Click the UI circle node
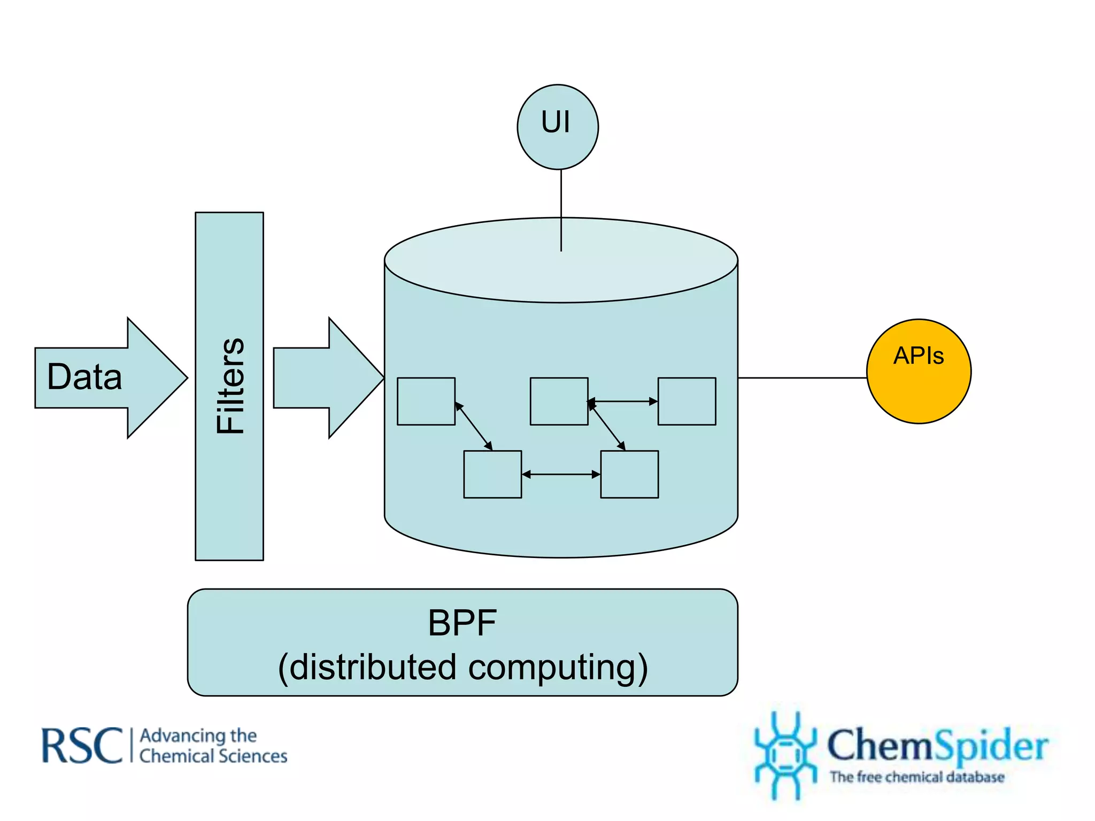click(x=558, y=127)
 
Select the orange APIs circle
click(x=919, y=371)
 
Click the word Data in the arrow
click(x=84, y=377)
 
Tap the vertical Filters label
click(x=230, y=386)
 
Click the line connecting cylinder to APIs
click(x=802, y=378)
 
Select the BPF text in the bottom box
click(x=462, y=623)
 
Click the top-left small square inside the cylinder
click(x=426, y=401)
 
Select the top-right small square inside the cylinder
click(x=687, y=401)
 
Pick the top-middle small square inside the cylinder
click(x=559, y=401)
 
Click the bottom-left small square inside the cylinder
click(x=492, y=475)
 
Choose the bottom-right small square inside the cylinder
click(x=629, y=475)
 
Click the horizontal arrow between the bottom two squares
click(x=561, y=474)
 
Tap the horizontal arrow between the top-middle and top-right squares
click(x=623, y=401)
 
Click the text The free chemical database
click(x=916, y=777)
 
